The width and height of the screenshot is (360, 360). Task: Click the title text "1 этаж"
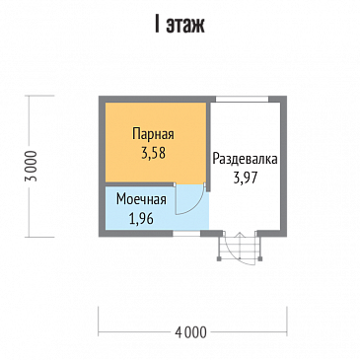coord(180,23)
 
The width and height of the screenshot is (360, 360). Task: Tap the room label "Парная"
coord(154,135)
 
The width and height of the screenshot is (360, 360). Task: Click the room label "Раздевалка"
coord(244,158)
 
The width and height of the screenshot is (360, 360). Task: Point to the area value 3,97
coord(244,178)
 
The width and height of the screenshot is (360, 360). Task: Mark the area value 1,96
coord(140,218)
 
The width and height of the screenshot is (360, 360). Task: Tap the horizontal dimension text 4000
coord(193,332)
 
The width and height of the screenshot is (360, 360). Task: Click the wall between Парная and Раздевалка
coord(208,138)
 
